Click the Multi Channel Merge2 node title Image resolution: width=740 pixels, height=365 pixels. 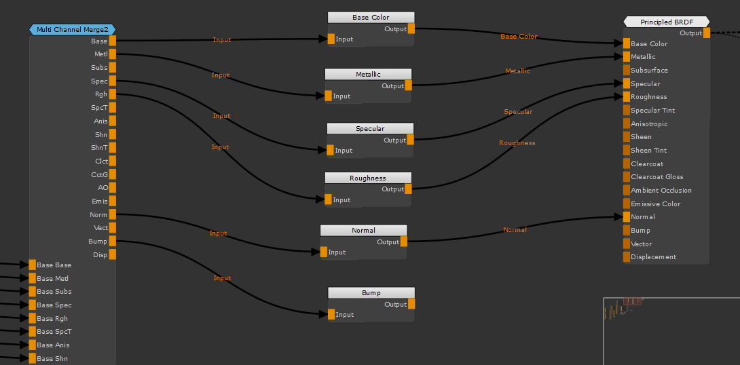tap(73, 29)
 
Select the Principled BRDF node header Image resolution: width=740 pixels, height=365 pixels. tap(666, 22)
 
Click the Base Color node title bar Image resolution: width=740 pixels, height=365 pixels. tap(371, 17)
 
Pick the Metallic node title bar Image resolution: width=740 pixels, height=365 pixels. tap(368, 74)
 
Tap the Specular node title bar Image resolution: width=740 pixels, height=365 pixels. tap(370, 128)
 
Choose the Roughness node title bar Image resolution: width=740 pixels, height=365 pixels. tap(367, 178)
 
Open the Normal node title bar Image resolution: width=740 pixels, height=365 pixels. tap(363, 230)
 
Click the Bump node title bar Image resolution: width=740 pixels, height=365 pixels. tap(371, 292)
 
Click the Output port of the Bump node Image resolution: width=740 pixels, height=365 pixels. tap(411, 305)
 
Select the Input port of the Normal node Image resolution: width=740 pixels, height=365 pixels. tap(324, 252)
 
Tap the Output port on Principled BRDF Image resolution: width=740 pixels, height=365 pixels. tap(707, 33)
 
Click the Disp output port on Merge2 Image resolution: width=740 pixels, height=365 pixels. tap(113, 254)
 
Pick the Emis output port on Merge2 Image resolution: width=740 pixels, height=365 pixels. tap(113, 201)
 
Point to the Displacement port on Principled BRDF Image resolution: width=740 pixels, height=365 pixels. tap(626, 256)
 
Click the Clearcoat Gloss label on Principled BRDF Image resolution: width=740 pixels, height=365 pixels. tap(656, 176)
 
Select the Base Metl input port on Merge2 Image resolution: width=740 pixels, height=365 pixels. tap(32, 278)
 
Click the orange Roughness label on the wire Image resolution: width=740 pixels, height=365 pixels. tap(517, 142)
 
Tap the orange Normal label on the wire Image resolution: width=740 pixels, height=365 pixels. tap(515, 229)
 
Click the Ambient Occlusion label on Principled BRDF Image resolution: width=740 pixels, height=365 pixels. tap(661, 190)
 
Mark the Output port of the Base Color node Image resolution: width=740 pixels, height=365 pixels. tap(411, 28)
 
